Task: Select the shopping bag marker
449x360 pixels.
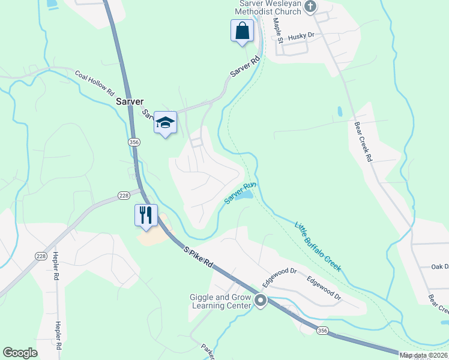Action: [241, 31]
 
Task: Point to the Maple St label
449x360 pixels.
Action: [278, 26]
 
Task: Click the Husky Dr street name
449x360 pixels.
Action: [301, 37]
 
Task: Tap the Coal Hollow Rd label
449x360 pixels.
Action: [94, 83]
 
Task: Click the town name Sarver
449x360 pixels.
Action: [130, 103]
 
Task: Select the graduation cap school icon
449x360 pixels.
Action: [165, 123]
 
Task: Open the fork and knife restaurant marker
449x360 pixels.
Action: [146, 215]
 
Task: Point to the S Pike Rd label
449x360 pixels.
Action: [199, 255]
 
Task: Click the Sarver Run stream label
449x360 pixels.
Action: [240, 192]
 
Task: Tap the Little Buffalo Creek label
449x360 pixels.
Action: [318, 246]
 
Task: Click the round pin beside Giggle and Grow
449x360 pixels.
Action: [261, 301]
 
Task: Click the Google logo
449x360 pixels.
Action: [20, 353]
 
